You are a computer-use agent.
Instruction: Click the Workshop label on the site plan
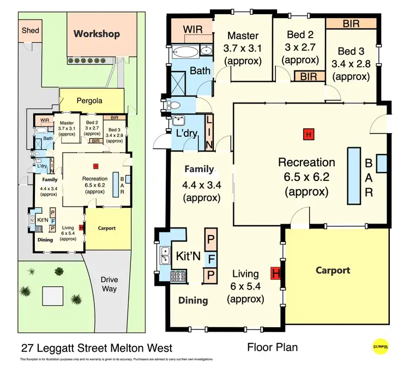pyautogui.click(x=97, y=34)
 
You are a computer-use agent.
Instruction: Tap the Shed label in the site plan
pyautogui.click(x=30, y=30)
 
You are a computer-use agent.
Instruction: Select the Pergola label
pyautogui.click(x=90, y=100)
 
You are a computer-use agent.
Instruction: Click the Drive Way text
pyautogui.click(x=109, y=284)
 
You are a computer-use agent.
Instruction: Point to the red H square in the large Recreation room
pyautogui.click(x=309, y=134)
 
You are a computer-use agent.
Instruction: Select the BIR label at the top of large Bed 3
pyautogui.click(x=351, y=23)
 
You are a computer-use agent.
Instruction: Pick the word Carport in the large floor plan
pyautogui.click(x=333, y=270)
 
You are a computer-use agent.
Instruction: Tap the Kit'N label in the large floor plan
pyautogui.click(x=187, y=255)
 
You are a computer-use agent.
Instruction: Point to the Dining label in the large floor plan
pyautogui.click(x=193, y=300)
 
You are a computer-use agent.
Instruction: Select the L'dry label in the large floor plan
pyautogui.click(x=187, y=134)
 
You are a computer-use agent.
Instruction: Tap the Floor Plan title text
pyautogui.click(x=273, y=347)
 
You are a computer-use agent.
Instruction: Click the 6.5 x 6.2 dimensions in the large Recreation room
pyautogui.click(x=306, y=177)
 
